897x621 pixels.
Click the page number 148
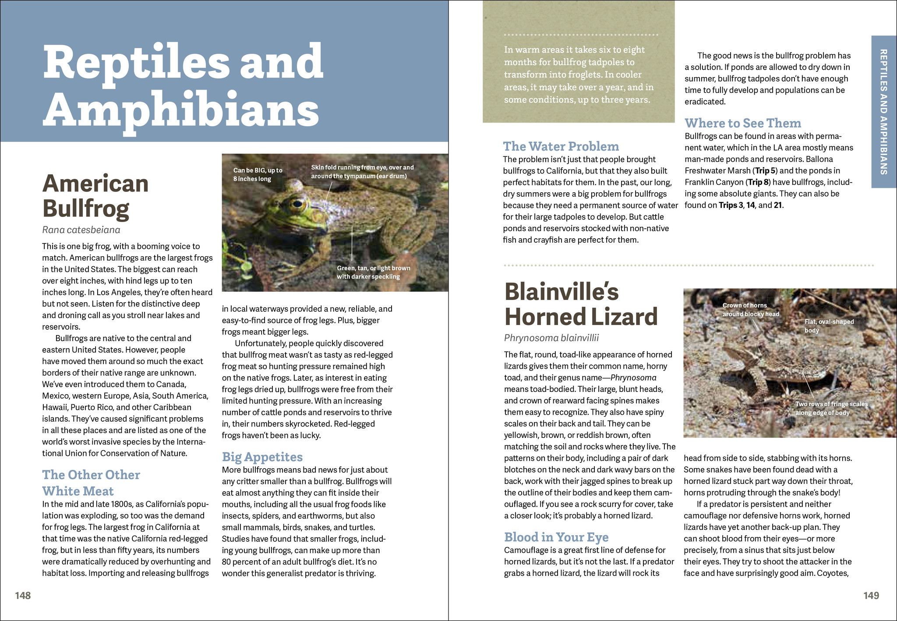point(23,595)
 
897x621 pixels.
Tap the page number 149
point(871,595)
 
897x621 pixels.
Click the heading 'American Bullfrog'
point(95,196)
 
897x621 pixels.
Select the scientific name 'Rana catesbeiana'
point(81,230)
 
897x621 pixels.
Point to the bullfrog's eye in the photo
point(298,203)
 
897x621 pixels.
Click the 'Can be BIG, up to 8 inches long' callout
point(258,174)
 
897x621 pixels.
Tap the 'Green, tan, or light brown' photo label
point(373,272)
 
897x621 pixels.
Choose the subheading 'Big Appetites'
point(262,457)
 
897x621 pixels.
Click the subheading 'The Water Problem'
point(561,146)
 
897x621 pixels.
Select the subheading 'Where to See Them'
point(742,123)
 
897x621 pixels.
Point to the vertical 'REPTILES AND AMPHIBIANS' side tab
point(883,112)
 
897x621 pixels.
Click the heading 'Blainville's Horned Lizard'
point(581,304)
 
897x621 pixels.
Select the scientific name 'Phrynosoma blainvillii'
point(551,338)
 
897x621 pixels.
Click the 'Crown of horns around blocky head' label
point(750,310)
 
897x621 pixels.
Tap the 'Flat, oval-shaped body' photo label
point(829,326)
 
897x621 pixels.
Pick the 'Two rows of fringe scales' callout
point(831,408)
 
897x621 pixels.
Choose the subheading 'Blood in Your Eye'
point(556,537)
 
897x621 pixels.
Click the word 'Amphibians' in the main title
point(181,109)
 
